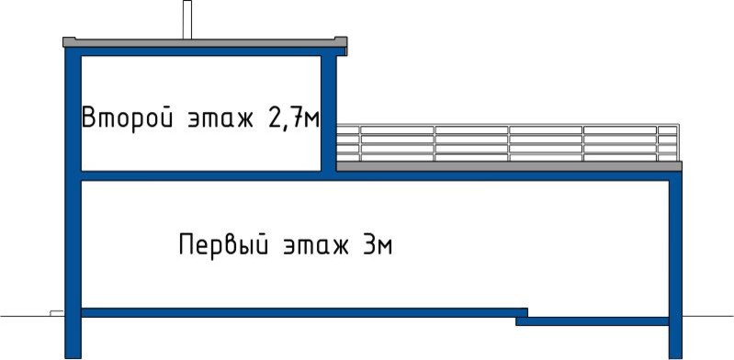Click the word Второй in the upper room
tap(124, 118)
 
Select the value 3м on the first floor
tap(378, 245)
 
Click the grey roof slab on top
tap(202, 42)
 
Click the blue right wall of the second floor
tap(327, 110)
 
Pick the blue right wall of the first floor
tap(675, 257)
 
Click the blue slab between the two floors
tap(202, 174)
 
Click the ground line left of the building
tap(28, 314)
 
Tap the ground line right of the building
tap(707, 314)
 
